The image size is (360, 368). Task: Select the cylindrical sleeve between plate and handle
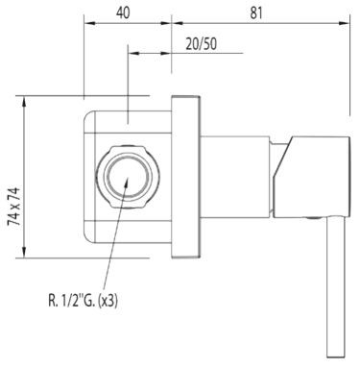(235, 179)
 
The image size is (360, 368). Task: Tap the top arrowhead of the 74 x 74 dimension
(26, 99)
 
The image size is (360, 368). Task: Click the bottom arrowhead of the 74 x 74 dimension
(26, 257)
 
